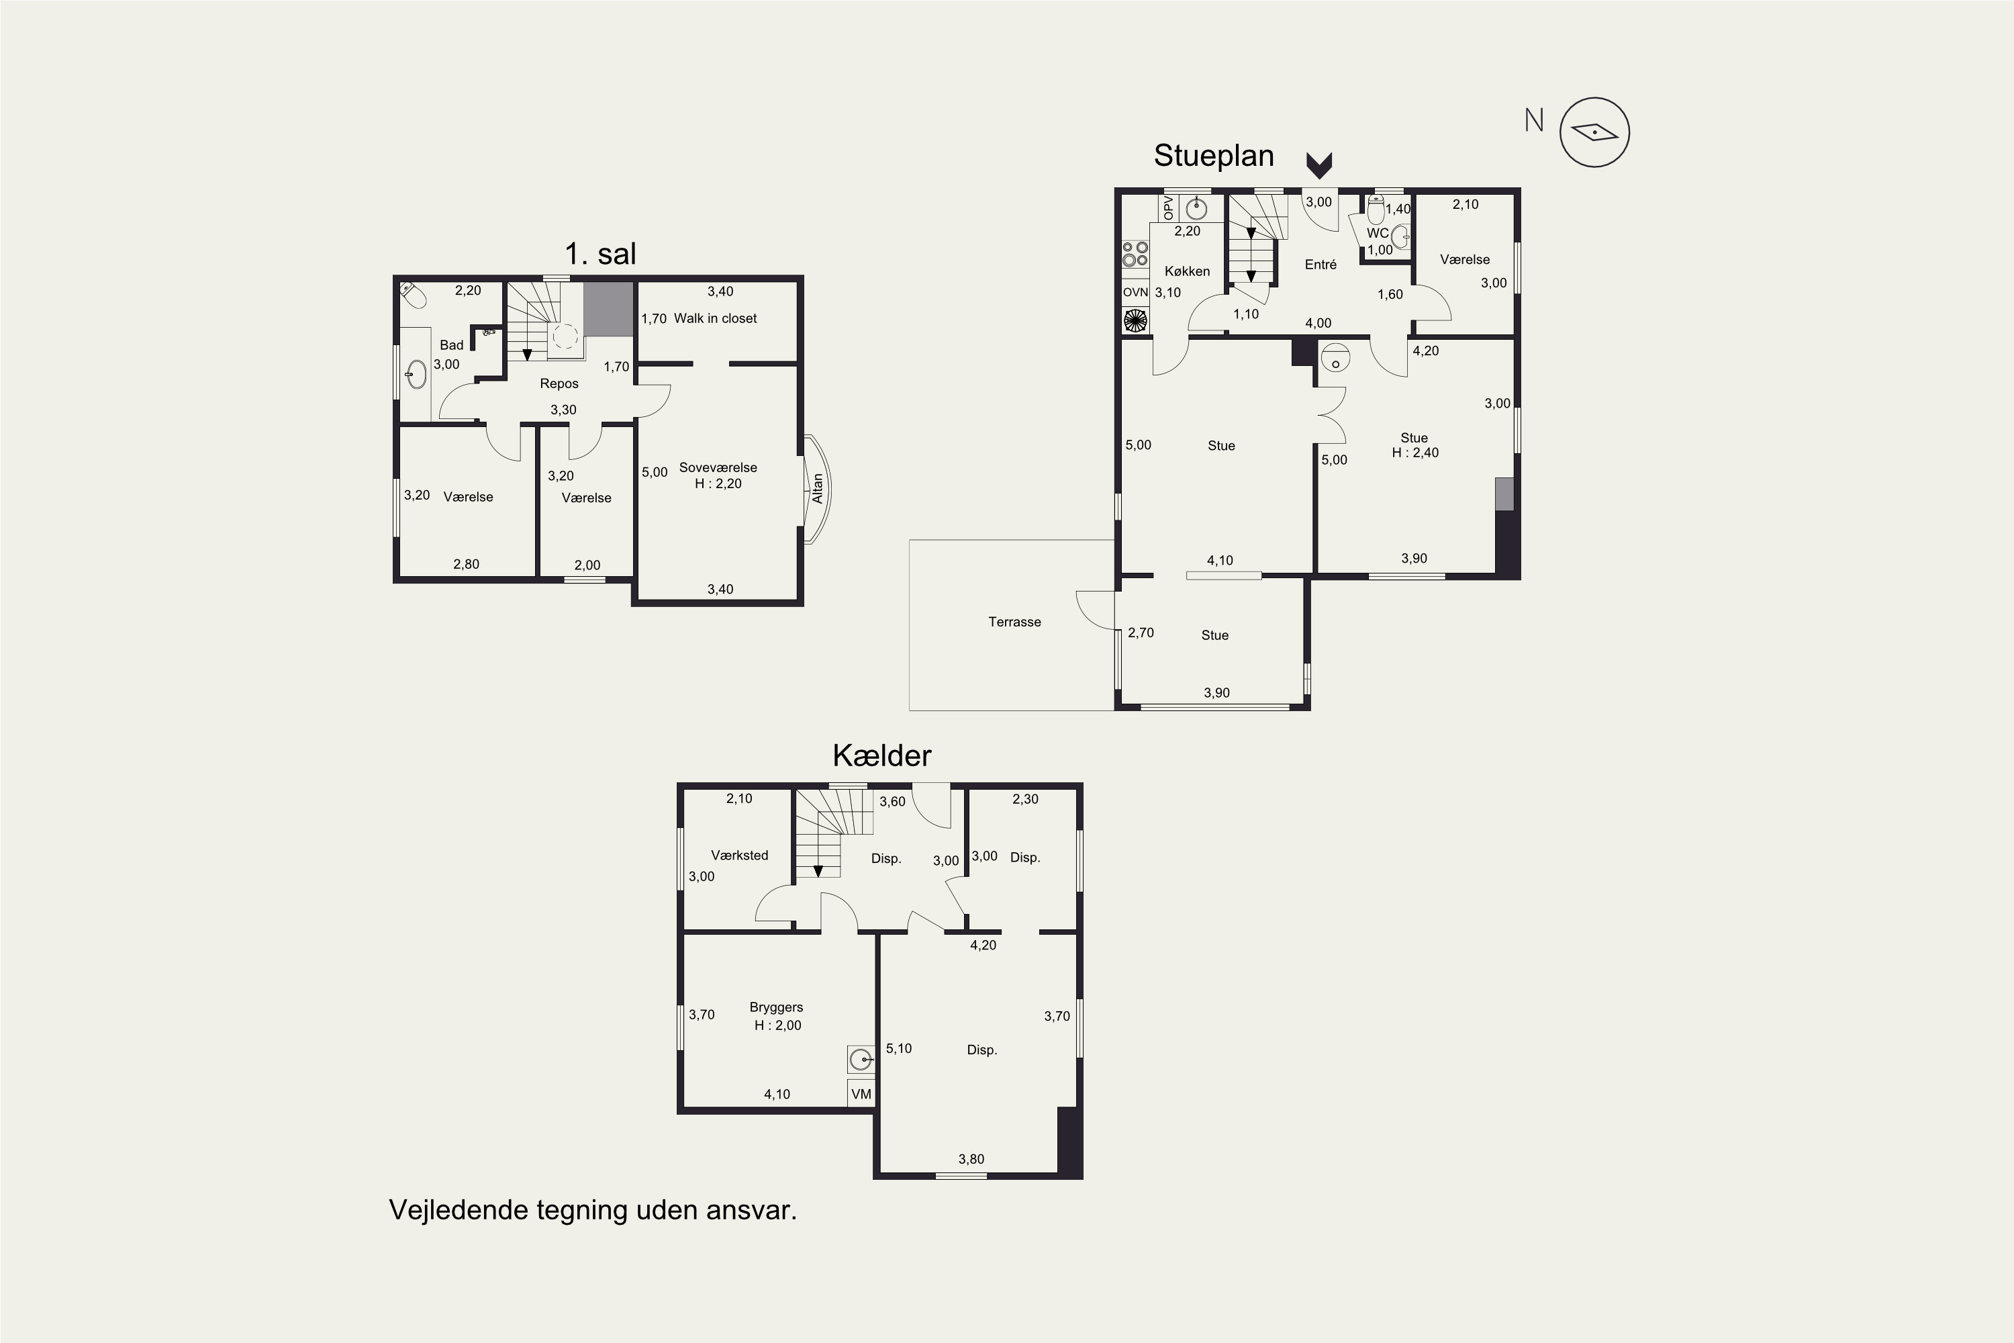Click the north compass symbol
(x=1594, y=132)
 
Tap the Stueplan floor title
(x=1213, y=155)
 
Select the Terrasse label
(x=1014, y=622)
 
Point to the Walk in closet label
(x=715, y=318)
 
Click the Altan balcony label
(x=817, y=488)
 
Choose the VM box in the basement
(x=861, y=1094)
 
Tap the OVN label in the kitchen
(x=1135, y=292)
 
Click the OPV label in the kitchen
(x=1168, y=208)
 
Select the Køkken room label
(x=1187, y=271)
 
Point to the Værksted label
(x=739, y=855)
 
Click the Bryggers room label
(x=776, y=1007)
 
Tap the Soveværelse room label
(x=718, y=467)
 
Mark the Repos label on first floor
(x=559, y=383)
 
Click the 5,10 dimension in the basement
(x=898, y=1048)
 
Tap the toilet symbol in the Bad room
(x=413, y=295)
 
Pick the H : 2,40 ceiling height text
(x=1414, y=452)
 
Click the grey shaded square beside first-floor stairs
(x=608, y=309)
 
